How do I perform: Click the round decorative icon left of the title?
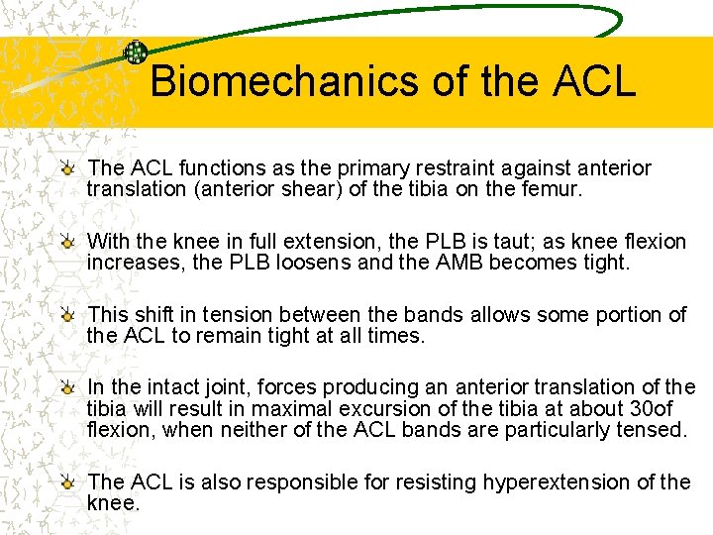coord(136,53)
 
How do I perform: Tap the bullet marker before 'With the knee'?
coord(68,243)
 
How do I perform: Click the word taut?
coord(476,242)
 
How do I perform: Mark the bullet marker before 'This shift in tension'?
coord(68,315)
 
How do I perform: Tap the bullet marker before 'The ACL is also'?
coord(68,482)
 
